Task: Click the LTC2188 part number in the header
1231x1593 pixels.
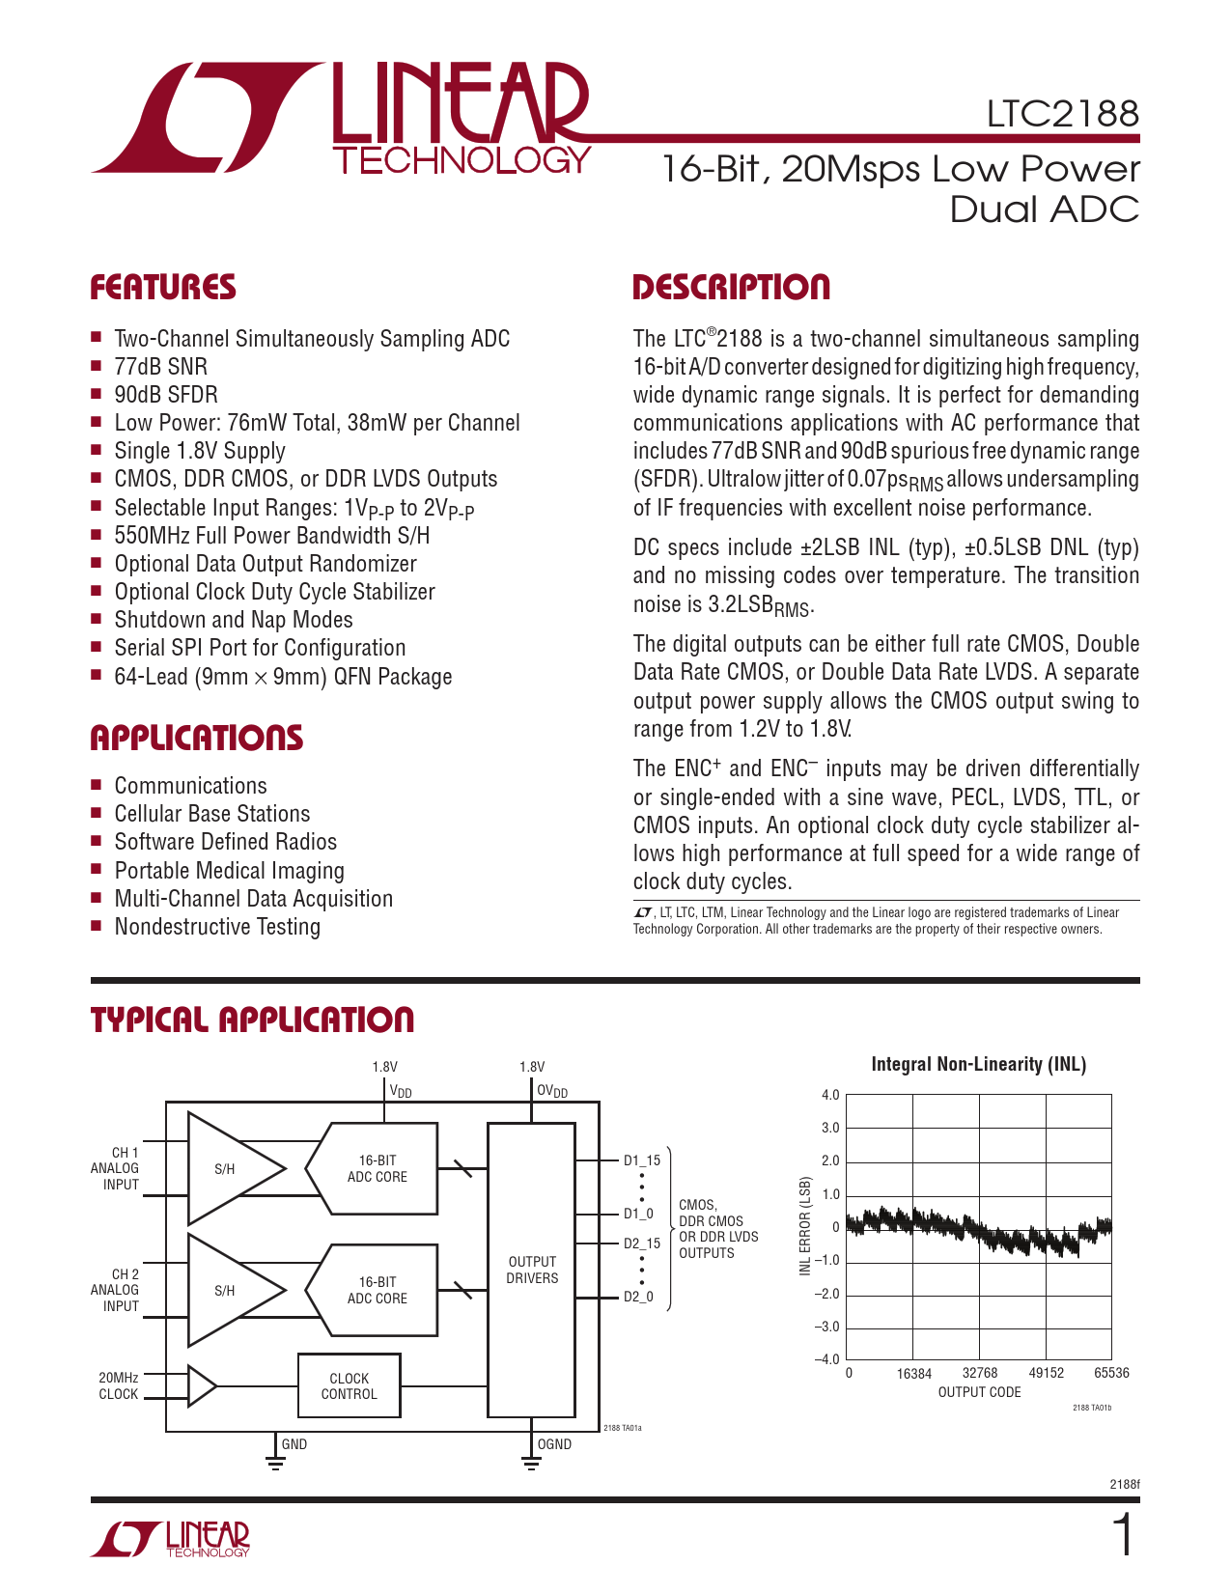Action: [1062, 114]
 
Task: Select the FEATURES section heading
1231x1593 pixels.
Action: [163, 288]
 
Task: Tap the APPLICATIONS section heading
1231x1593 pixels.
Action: [197, 739]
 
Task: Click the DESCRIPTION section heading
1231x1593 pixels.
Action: [731, 288]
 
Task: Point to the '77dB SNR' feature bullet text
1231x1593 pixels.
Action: [160, 367]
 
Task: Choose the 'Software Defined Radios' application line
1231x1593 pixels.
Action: [225, 842]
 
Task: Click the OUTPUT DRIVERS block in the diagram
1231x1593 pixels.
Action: [532, 1270]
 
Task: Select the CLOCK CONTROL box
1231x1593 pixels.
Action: [349, 1386]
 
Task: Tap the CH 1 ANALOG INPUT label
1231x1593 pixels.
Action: [116, 1168]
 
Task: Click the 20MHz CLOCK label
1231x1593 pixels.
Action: [119, 1385]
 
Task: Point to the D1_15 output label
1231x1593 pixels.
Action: [642, 1160]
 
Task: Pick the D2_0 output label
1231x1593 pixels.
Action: [638, 1297]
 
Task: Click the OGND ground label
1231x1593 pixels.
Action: [554, 1444]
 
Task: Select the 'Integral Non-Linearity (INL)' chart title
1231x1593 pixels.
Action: [978, 1064]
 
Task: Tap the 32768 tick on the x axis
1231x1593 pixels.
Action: [980, 1373]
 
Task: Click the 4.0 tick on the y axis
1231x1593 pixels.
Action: [830, 1095]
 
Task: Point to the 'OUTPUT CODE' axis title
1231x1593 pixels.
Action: [979, 1392]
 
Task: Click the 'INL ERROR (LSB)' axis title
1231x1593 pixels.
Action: [804, 1226]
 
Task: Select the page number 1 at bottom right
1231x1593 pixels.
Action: [1124, 1536]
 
